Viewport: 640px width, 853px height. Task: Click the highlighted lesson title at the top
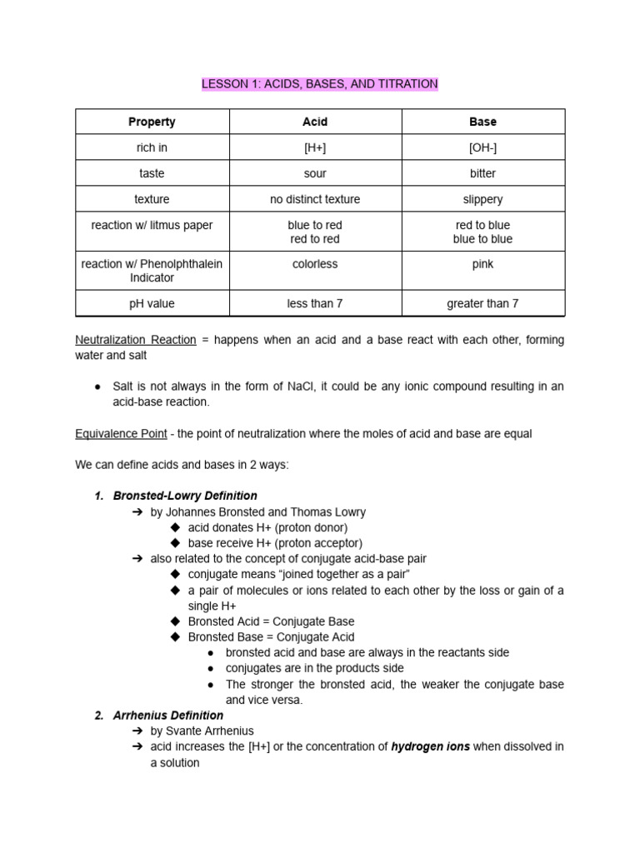coord(319,84)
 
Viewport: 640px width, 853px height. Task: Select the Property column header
coord(152,122)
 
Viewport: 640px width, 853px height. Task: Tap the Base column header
coord(482,122)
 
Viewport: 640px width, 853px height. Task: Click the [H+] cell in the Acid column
coord(315,147)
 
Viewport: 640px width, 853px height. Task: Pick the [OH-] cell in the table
coord(482,147)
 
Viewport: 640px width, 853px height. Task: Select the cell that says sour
coord(315,173)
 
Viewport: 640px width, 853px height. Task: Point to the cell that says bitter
coord(482,173)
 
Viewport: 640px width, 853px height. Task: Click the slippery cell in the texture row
coord(482,199)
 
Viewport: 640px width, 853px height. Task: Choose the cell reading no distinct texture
coord(315,199)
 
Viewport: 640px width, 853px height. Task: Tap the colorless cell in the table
coord(315,264)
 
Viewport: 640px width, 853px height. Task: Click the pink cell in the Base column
coord(482,264)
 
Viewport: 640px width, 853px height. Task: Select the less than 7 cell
coord(315,303)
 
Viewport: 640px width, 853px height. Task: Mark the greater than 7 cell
coord(482,303)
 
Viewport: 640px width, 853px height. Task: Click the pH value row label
coord(152,303)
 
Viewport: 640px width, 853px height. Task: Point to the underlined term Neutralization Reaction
coord(136,340)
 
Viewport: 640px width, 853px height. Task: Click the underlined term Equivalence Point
coord(121,434)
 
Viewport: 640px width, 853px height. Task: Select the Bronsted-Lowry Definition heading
coord(185,496)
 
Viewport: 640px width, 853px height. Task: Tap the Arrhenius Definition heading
coord(168,716)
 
